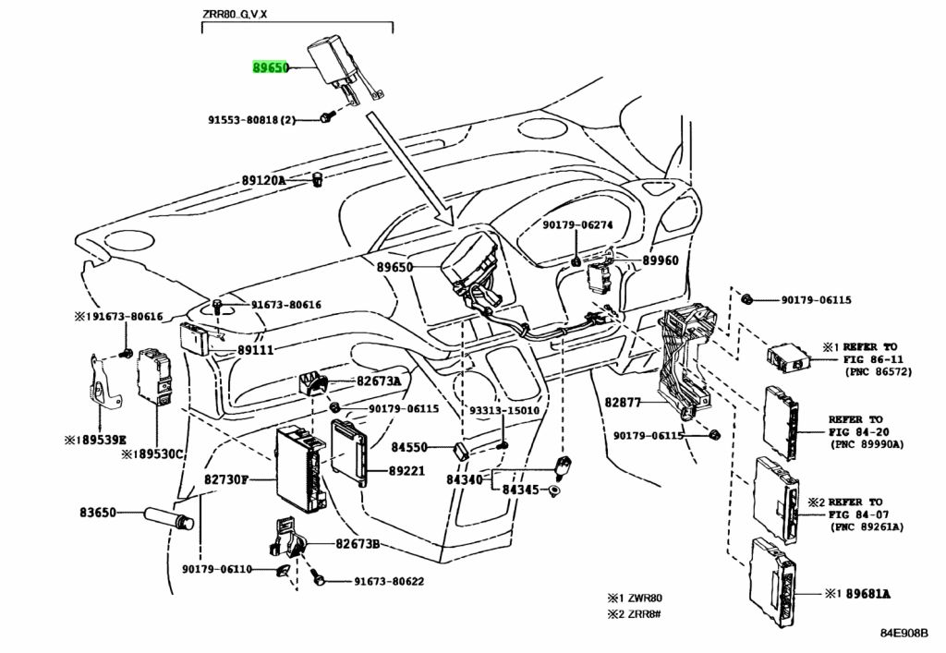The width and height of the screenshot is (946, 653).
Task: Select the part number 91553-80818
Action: pos(246,120)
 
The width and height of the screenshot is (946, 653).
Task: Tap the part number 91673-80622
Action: pos(389,581)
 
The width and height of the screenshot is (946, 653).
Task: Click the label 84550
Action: pos(408,447)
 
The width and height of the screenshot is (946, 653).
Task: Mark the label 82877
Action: pos(625,402)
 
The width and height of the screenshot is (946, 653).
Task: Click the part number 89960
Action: pos(660,261)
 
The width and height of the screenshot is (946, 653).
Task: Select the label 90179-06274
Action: pos(577,224)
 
